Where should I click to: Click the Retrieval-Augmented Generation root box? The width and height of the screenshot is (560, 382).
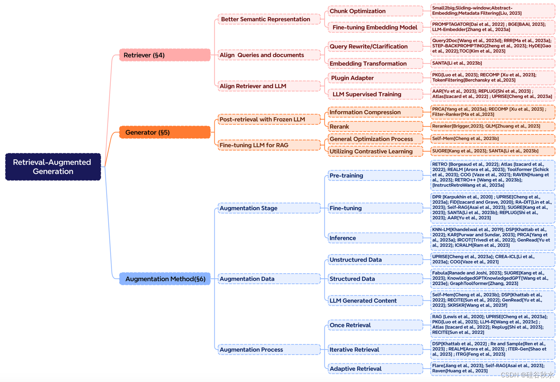point(53,167)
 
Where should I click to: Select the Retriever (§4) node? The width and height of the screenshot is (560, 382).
point(164,55)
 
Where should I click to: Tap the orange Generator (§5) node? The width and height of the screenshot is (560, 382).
point(164,133)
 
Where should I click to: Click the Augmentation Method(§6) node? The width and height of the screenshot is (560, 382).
point(164,279)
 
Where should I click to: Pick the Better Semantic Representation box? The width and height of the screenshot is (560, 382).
point(269,19)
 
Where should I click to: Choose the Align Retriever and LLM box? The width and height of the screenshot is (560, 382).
point(269,86)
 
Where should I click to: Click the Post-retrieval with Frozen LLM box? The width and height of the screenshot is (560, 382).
point(269,119)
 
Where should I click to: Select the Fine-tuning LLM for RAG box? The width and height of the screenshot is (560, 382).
point(269,145)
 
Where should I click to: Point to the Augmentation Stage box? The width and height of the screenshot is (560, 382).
point(269,208)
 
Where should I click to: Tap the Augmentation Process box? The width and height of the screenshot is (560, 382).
point(269,350)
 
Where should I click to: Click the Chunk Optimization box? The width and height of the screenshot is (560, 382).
point(375,11)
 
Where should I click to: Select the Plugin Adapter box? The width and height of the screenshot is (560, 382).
point(375,78)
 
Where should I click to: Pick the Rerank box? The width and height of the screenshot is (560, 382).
point(375,126)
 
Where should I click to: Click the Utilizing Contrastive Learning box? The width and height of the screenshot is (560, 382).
point(375,151)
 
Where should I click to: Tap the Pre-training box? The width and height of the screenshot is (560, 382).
point(375,176)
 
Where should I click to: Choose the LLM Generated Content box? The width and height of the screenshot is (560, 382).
point(375,301)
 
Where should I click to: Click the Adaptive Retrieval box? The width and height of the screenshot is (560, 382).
point(375,369)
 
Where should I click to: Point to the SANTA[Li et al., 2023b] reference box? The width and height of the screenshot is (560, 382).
point(492,63)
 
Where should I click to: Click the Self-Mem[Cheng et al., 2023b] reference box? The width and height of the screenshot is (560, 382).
point(492,138)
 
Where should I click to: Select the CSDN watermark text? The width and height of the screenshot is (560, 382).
point(527,375)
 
